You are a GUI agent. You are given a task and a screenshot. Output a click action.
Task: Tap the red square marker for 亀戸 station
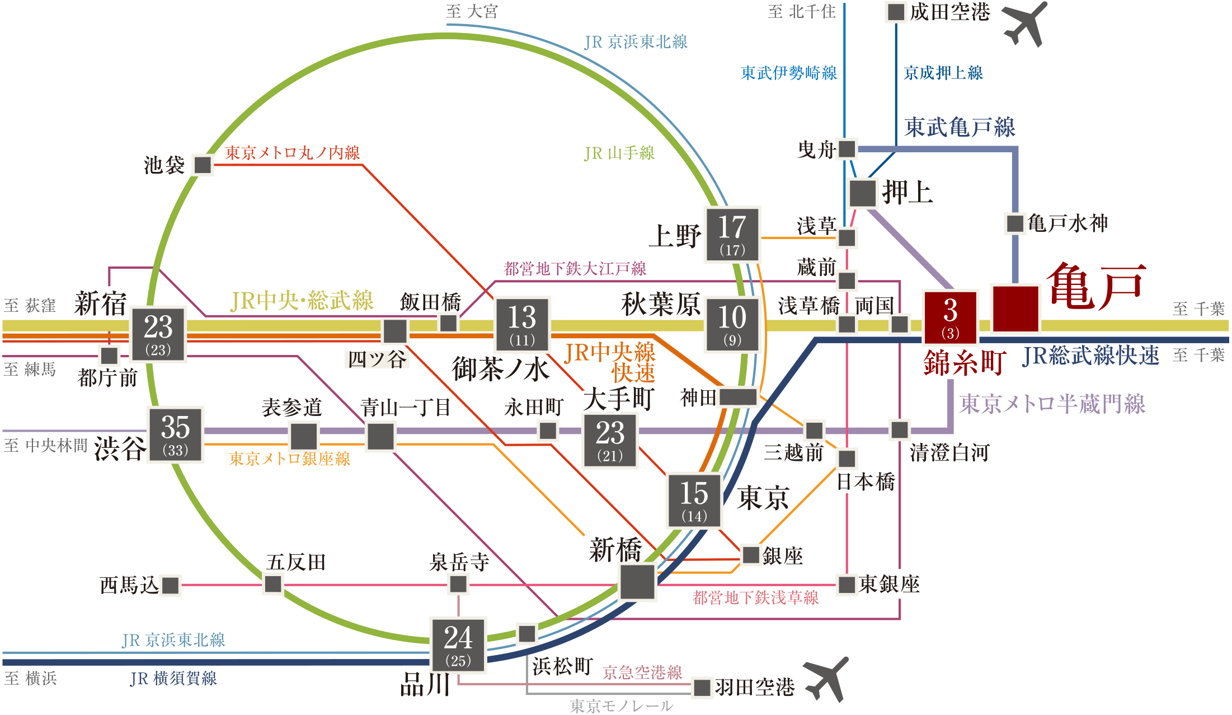(x=1015, y=309)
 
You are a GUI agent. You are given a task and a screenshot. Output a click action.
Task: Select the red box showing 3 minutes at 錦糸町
(x=950, y=317)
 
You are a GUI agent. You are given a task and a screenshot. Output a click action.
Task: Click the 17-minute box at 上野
(x=732, y=234)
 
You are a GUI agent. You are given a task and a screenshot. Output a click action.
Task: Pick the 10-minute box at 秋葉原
(x=732, y=325)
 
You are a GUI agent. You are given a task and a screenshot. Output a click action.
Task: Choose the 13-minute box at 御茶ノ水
(x=522, y=324)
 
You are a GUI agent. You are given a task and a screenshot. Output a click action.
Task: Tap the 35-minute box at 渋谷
(x=175, y=434)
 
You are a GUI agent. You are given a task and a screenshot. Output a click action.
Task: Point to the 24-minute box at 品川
(x=458, y=645)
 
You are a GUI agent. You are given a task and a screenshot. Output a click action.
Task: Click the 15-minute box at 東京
(x=694, y=501)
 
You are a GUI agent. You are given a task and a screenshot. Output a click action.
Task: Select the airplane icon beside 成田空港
(x=1025, y=24)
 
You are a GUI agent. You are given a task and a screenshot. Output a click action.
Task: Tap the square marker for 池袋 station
(x=202, y=165)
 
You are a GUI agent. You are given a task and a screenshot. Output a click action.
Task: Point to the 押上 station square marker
(x=862, y=193)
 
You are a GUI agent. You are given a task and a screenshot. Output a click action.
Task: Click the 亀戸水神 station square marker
(x=1015, y=223)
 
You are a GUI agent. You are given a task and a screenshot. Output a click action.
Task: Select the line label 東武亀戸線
(x=960, y=127)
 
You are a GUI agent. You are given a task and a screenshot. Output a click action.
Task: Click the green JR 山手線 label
(x=619, y=153)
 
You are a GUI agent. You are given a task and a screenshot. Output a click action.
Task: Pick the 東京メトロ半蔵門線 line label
(x=1052, y=404)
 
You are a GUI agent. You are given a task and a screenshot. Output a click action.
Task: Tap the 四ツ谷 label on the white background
(x=377, y=359)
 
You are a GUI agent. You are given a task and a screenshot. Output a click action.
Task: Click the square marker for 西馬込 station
(x=170, y=586)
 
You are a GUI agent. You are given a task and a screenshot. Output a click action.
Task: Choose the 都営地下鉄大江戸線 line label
(x=575, y=269)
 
